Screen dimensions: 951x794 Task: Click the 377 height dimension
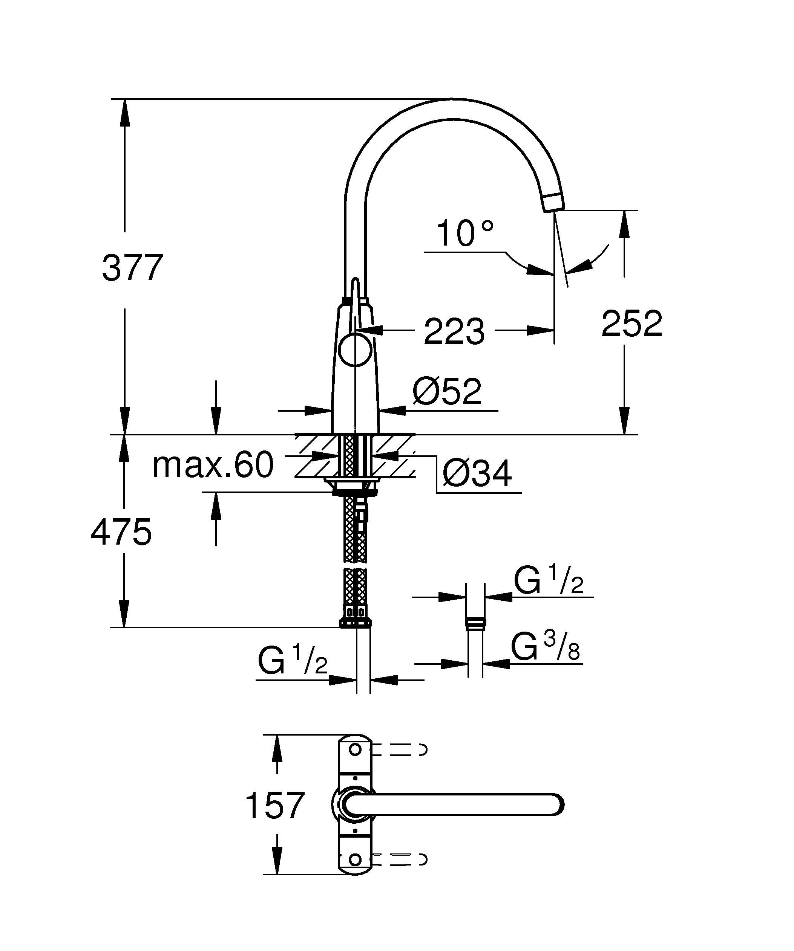[x=132, y=269]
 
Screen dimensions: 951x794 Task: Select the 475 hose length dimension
[x=121, y=533]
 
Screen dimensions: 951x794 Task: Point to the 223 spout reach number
[x=454, y=332]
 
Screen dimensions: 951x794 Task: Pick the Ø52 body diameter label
[x=447, y=391]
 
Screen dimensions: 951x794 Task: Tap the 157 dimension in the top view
[x=274, y=805]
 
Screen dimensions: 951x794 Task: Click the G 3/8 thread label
[x=546, y=647]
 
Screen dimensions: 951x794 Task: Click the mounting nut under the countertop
[x=355, y=488]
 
